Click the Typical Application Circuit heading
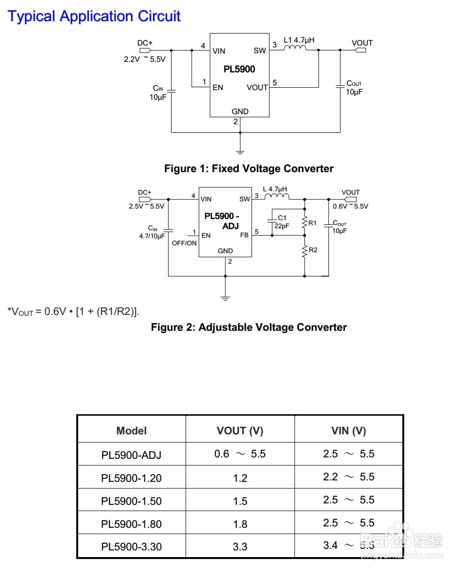click(94, 16)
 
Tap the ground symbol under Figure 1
click(240, 152)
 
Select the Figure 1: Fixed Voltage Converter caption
click(248, 169)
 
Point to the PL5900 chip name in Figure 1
click(239, 70)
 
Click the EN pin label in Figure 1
click(218, 88)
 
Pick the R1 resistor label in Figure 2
click(313, 223)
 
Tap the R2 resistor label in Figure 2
click(313, 250)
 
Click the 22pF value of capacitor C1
click(282, 226)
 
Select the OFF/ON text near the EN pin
click(184, 243)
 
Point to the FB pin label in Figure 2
click(244, 235)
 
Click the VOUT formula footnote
click(73, 312)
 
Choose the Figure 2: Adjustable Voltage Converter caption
click(248, 327)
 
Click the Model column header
click(131, 431)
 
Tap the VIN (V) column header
click(349, 431)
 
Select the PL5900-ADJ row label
click(131, 454)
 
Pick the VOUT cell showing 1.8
click(240, 524)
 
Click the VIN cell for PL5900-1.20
click(349, 477)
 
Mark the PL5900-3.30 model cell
click(131, 546)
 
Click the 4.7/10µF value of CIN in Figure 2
click(152, 236)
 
